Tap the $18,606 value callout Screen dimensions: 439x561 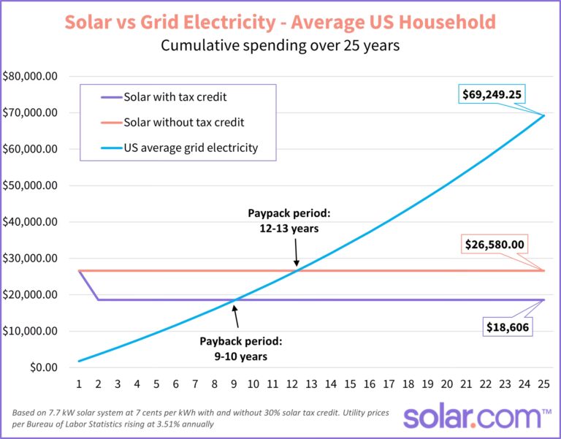(x=509, y=327)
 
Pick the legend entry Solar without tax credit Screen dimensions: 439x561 (x=183, y=122)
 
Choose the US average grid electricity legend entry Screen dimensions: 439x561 (x=190, y=148)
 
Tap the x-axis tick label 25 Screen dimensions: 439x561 (x=544, y=384)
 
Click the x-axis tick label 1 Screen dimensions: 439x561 (x=78, y=384)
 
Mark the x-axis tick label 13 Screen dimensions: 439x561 (x=311, y=384)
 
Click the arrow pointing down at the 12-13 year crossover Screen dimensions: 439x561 (x=297, y=254)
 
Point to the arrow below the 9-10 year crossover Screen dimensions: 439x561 (x=235, y=317)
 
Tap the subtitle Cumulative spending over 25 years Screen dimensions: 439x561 (x=280, y=46)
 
